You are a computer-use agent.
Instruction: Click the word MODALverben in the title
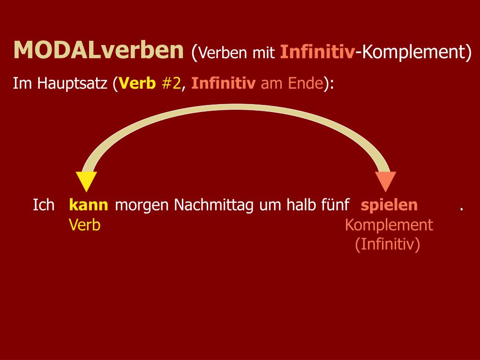click(x=98, y=50)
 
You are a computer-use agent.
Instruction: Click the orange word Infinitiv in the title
click(x=317, y=52)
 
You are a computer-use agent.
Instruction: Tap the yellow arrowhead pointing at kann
click(x=86, y=181)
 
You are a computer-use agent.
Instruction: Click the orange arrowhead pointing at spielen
click(x=385, y=181)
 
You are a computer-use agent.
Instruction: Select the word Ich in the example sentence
click(x=44, y=205)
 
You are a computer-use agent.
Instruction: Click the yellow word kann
click(x=89, y=205)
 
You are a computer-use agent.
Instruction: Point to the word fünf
click(x=334, y=205)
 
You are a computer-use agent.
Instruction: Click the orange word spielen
click(x=389, y=205)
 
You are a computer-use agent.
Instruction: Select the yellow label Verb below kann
click(x=85, y=225)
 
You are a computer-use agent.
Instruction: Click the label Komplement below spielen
click(x=389, y=225)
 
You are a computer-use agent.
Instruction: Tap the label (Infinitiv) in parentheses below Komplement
click(x=388, y=244)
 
